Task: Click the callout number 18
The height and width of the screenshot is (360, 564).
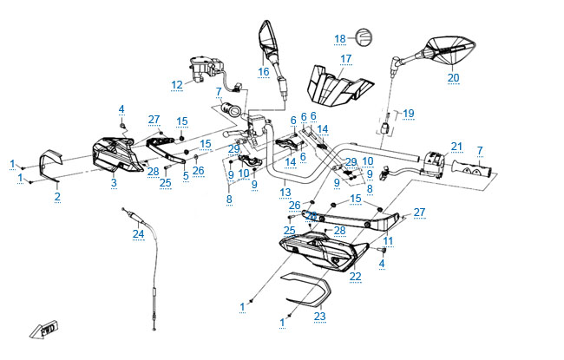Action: (x=340, y=38)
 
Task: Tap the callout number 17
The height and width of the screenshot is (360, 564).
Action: (x=345, y=59)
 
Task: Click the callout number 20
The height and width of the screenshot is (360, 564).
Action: (x=452, y=77)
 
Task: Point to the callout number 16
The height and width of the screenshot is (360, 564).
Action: (x=264, y=71)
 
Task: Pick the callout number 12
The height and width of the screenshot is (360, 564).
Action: (x=177, y=85)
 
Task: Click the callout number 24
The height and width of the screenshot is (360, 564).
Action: (x=137, y=233)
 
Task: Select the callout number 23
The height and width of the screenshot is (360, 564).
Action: (x=319, y=317)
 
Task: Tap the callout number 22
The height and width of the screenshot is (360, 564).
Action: (x=355, y=277)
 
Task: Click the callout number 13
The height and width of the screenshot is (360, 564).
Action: (x=285, y=193)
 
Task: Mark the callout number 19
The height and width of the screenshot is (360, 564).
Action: (x=409, y=113)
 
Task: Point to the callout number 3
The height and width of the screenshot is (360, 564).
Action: (x=113, y=183)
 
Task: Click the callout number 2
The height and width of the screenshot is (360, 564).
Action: (x=57, y=197)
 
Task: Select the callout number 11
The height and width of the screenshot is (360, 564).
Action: (x=388, y=240)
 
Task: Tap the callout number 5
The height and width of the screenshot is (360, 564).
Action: (x=186, y=176)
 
